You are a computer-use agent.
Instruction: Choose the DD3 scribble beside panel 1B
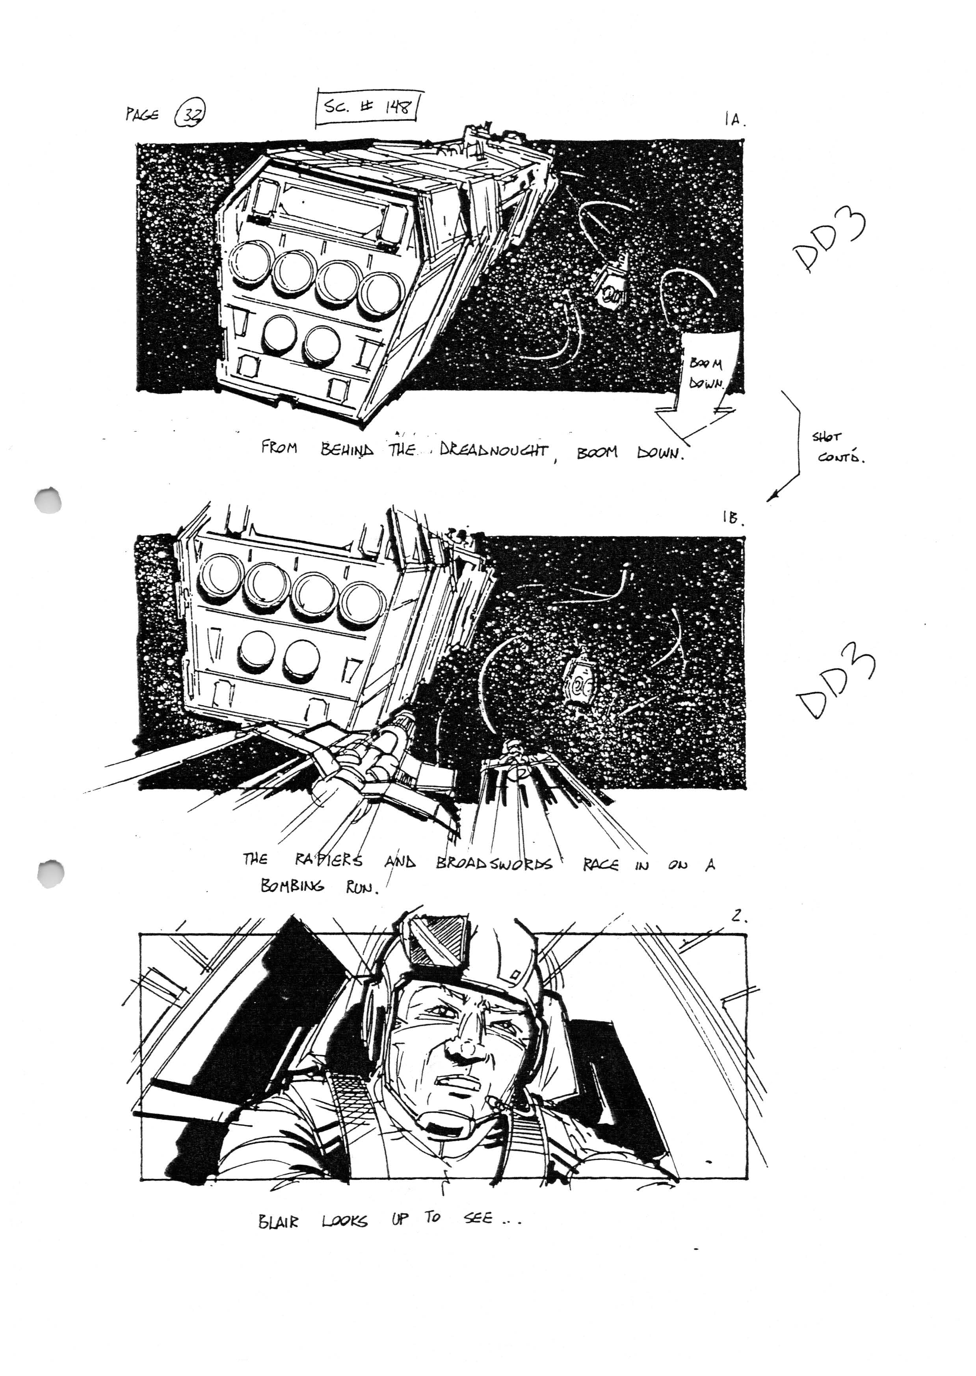click(835, 685)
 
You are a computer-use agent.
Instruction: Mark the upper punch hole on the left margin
click(49, 499)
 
